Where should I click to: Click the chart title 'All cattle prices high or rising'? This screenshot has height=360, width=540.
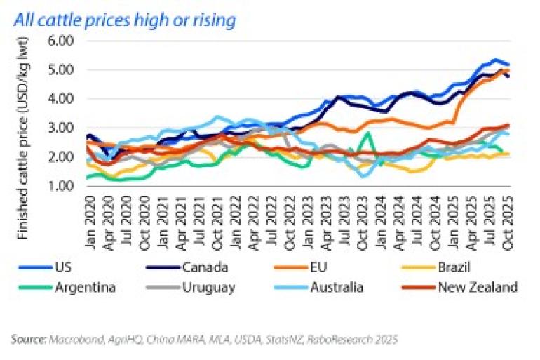coord(124,20)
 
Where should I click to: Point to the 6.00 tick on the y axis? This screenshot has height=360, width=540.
coord(62,41)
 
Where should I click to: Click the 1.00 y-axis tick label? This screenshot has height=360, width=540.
coord(62,186)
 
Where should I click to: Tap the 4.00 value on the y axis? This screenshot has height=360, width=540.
coord(62,99)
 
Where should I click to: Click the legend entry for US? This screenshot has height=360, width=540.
coord(61,267)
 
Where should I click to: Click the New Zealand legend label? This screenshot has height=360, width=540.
coord(477,286)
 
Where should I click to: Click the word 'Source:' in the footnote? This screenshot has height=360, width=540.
coord(29,340)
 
